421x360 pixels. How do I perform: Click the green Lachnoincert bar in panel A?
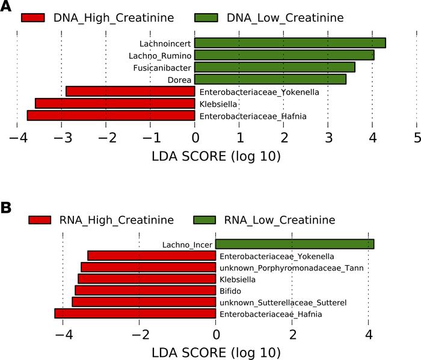coord(290,43)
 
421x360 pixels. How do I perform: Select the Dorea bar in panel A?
coord(270,79)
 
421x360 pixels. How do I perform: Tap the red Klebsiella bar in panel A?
coord(115,103)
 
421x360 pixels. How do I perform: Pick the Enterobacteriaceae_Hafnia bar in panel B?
coord(135,313)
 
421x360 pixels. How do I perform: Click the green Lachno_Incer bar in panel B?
coord(295,244)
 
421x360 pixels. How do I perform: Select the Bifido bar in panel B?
coord(145,290)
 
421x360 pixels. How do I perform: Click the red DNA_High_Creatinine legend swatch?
coord(41,17)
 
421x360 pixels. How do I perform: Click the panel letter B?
coord(7,207)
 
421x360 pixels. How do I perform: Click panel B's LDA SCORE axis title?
coord(215,352)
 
